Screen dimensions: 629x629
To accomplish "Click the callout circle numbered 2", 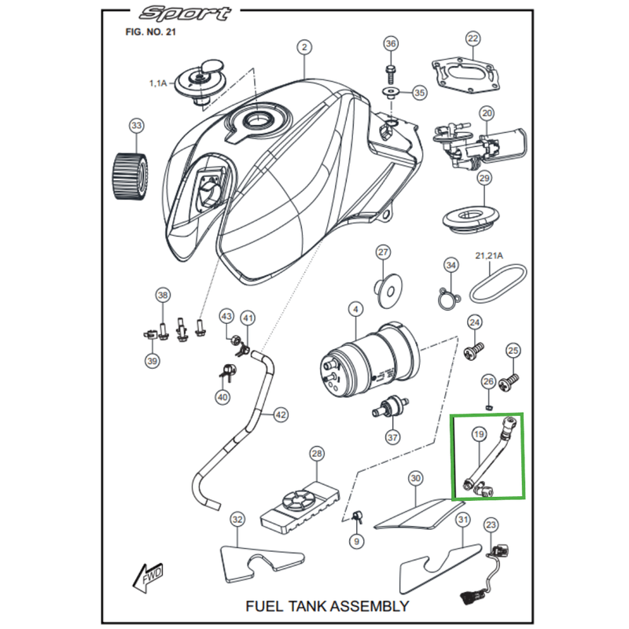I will (x=304, y=47).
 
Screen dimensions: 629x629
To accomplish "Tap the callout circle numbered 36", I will (x=391, y=44).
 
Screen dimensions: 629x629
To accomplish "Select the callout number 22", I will (x=473, y=39).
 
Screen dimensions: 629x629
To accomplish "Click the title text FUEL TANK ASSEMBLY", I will (x=327, y=605).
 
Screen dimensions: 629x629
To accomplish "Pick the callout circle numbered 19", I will (x=478, y=434).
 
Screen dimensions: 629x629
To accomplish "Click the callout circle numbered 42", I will (x=281, y=414).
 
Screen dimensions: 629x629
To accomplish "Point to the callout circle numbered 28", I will (x=317, y=454).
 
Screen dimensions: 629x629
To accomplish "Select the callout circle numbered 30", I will (x=416, y=477).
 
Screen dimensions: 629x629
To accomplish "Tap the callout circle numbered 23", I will (x=491, y=524).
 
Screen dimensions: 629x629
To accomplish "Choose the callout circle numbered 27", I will (x=383, y=252).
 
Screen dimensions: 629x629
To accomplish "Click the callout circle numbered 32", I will (x=237, y=519).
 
